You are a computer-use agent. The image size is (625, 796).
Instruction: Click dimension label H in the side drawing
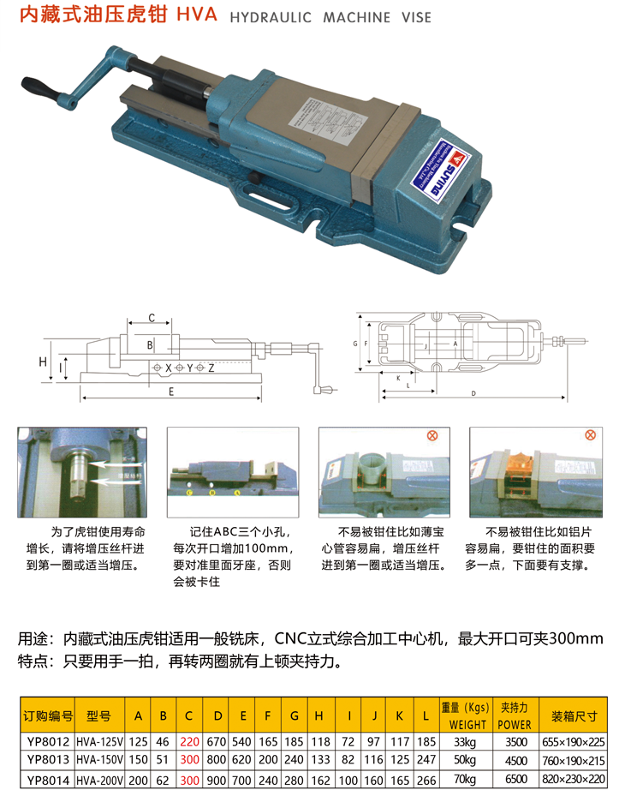(42, 362)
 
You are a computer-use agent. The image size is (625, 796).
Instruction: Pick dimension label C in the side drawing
(152, 318)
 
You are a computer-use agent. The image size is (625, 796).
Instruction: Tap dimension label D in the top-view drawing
(473, 392)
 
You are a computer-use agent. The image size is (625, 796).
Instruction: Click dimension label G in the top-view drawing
(354, 343)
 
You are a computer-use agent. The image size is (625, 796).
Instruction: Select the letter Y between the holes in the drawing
(190, 367)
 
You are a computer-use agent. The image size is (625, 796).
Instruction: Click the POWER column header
(515, 722)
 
